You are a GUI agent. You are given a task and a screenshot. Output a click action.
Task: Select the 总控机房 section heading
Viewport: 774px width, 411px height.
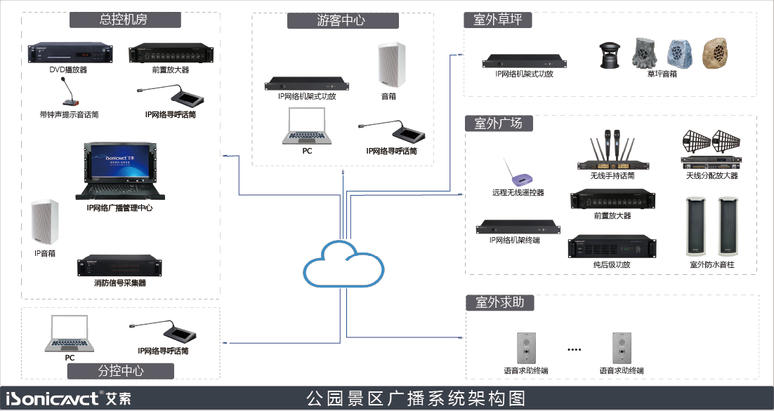123,20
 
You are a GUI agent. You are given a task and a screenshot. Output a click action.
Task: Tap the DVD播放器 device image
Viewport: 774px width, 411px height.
70,53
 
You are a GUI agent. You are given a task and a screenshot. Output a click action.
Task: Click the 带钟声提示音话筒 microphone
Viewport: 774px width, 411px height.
68,91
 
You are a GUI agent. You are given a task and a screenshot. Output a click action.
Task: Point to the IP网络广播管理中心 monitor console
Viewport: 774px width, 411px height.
119,171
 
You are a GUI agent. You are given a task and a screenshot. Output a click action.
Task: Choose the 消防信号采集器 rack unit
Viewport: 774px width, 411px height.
119,266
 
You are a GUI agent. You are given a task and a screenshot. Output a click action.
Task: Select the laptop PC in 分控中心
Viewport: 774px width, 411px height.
70,334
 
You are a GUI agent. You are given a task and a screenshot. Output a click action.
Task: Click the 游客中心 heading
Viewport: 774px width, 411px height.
341,20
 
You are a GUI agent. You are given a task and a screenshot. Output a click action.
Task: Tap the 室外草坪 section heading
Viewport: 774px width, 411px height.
497,20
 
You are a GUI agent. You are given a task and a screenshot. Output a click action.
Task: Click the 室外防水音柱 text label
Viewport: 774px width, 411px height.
711,265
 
